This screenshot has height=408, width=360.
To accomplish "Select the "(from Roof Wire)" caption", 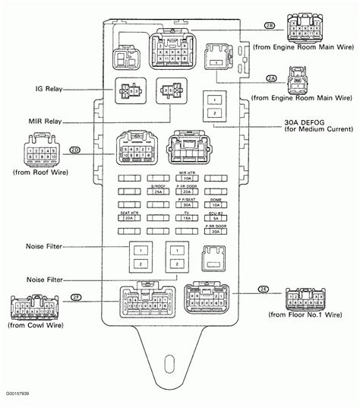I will (x=37, y=176).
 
